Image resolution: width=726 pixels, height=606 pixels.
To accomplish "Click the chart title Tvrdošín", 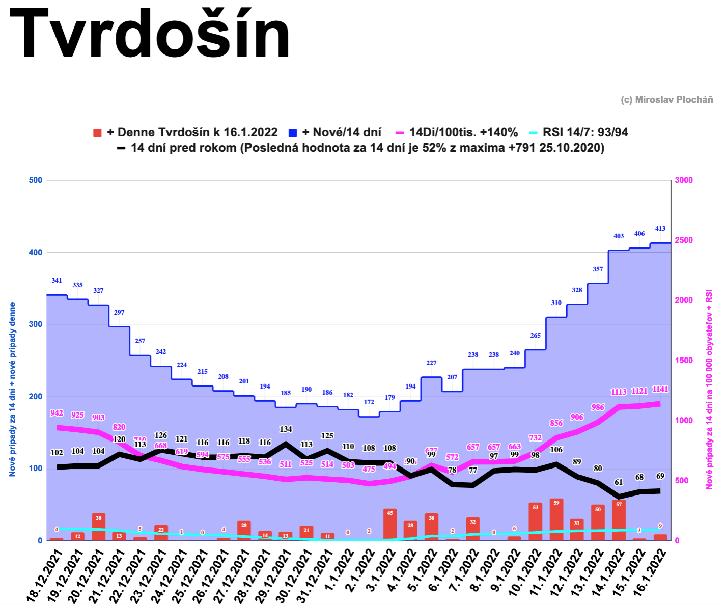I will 149,35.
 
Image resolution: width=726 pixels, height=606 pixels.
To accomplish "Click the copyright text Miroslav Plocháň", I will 666,100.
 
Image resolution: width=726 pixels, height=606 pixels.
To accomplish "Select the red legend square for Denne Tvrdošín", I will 97,133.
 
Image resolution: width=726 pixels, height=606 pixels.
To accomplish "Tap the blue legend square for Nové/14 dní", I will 293,133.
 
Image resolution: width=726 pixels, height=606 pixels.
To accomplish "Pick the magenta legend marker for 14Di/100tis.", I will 400,133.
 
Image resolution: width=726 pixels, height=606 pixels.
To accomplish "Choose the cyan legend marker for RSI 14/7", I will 533,133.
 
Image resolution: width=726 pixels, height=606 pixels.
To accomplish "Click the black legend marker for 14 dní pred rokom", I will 121,148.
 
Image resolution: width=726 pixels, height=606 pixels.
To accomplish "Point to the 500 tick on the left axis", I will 36,180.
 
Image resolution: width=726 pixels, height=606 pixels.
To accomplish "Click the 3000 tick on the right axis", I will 684,180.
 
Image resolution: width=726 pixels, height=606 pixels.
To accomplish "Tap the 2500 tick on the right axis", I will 684,240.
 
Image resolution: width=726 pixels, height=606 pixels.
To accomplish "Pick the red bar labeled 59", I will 556,519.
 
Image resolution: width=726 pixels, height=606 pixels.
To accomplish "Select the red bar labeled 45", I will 389,524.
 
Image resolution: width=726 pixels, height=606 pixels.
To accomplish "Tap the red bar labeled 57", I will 619,520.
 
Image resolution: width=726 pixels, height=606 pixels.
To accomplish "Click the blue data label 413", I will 660,229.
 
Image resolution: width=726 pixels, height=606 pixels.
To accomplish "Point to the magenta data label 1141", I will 660,389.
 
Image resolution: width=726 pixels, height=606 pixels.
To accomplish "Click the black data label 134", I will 286,429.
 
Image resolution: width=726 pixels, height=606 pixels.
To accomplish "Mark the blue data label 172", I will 369,402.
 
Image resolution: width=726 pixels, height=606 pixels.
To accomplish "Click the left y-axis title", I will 12,390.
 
